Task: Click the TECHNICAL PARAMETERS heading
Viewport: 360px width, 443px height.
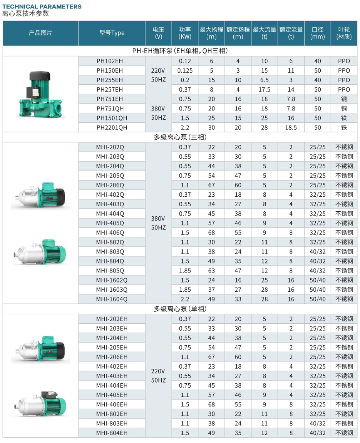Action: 42,6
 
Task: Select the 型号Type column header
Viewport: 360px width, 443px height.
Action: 112,33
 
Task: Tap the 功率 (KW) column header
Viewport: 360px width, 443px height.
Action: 185,33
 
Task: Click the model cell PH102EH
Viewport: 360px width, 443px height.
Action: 110,61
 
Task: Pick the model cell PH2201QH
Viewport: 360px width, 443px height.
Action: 112,127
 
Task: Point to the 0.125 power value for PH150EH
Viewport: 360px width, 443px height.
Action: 185,70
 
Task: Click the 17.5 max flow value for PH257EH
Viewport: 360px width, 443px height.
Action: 264,90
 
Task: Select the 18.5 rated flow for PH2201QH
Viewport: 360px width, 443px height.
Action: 291,127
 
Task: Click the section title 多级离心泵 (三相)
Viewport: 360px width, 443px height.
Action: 180,137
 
